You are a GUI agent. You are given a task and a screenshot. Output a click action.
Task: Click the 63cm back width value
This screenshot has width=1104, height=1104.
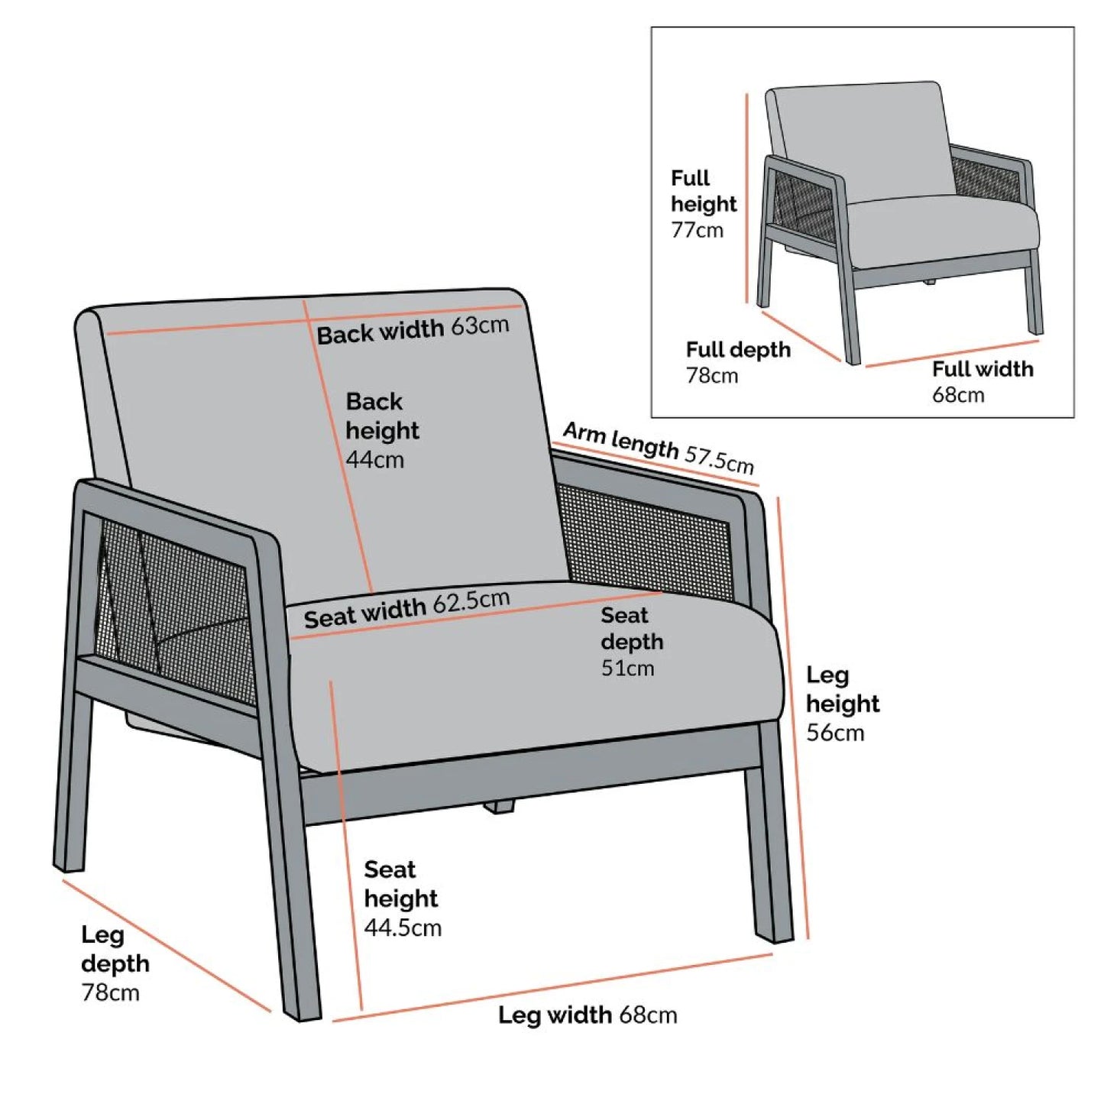coord(480,325)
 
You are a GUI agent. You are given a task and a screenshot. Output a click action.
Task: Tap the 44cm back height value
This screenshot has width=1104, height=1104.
coord(374,459)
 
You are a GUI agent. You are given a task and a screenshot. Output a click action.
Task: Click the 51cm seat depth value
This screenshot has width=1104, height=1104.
coord(627,668)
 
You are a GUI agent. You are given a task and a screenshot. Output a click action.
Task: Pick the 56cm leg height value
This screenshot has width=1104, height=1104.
coord(835,733)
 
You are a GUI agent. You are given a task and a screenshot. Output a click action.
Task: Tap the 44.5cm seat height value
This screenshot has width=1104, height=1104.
coord(403,928)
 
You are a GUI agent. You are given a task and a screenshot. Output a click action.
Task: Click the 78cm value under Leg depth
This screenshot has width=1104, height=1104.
coord(111,992)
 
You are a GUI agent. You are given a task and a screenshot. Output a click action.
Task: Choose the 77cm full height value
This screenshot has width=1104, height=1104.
coord(698,230)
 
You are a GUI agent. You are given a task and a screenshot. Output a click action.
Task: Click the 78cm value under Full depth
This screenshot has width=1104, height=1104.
coord(712,376)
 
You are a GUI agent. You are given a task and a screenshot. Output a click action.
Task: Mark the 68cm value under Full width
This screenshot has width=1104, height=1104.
coord(958,395)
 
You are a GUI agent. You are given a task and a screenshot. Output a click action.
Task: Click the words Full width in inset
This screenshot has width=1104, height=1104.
coord(983,369)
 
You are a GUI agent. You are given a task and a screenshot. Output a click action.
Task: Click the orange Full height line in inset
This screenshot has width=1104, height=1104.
coord(747,198)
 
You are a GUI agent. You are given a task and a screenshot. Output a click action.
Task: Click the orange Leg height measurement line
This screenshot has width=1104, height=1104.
coord(793,718)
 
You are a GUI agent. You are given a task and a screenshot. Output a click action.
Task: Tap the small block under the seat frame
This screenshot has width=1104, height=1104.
coord(499,807)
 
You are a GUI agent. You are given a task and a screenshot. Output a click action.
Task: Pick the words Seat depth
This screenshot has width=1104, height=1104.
coord(632,629)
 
